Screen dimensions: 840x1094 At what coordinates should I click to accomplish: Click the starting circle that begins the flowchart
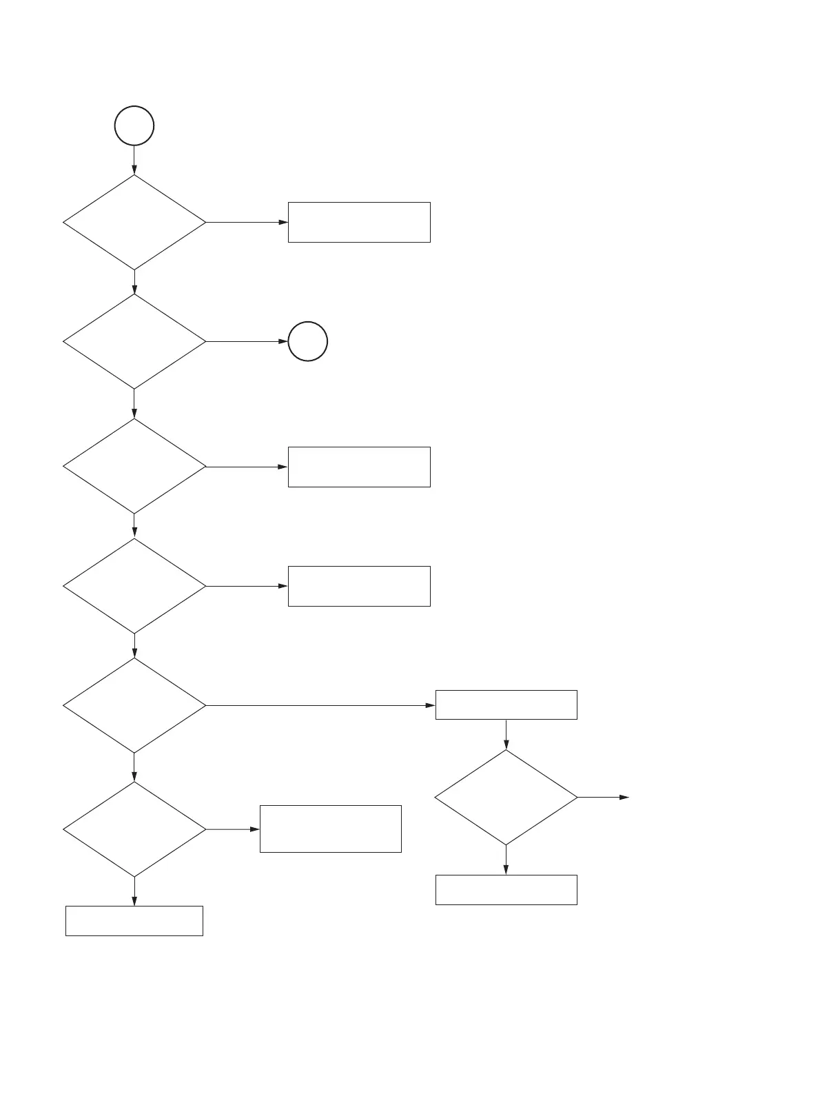coord(134,126)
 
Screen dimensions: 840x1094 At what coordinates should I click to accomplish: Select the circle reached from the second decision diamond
coord(307,341)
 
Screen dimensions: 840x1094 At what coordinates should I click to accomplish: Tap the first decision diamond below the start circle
coord(134,222)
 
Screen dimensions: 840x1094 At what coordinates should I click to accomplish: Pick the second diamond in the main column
coord(134,341)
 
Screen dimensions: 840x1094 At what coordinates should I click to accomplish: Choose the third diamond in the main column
coord(134,467)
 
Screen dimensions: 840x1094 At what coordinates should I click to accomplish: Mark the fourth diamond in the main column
coord(134,586)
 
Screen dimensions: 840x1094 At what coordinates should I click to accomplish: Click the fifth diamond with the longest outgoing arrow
coord(134,705)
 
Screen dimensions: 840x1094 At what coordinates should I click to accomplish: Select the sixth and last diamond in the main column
coord(134,829)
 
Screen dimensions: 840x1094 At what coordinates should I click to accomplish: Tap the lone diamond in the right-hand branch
coord(506,797)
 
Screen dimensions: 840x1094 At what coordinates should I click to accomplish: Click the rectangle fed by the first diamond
coord(359,222)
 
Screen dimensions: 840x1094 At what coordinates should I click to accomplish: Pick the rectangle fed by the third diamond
coord(359,467)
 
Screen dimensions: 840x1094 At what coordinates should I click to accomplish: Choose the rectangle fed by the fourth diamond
coord(359,586)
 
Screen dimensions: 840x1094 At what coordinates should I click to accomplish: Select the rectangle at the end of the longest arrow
coord(506,705)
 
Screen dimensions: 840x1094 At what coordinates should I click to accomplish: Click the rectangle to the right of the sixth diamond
coord(330,829)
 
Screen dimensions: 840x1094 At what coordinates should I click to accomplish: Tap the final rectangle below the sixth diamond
coord(134,920)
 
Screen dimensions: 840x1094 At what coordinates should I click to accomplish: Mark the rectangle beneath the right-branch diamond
coord(506,889)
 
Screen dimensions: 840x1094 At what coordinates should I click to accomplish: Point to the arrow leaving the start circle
coord(134,160)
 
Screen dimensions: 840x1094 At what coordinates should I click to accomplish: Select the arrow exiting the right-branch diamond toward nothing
coord(603,797)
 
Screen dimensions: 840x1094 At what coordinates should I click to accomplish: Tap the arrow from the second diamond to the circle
coord(247,341)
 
